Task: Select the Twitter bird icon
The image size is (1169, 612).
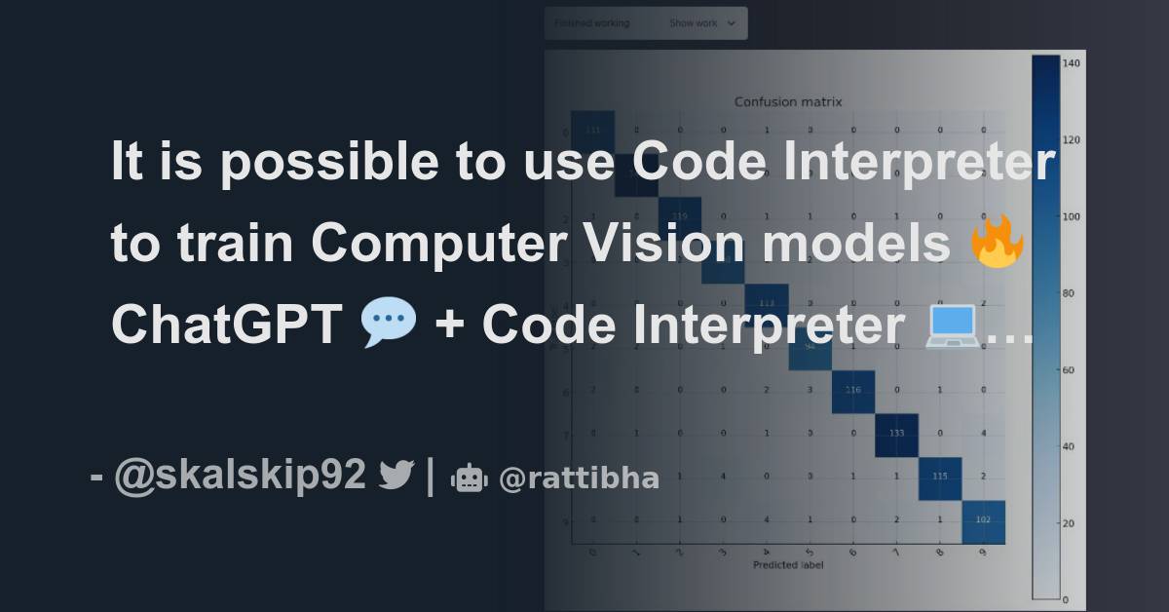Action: (x=396, y=476)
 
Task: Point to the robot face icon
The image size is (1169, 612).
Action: (x=469, y=478)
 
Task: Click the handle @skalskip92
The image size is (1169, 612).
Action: (x=240, y=476)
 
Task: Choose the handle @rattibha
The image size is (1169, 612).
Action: (x=579, y=478)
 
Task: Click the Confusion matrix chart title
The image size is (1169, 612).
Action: (x=788, y=101)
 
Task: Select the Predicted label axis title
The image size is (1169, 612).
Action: (x=788, y=564)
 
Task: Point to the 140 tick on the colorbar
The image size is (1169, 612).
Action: (x=1073, y=62)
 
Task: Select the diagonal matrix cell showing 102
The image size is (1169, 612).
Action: (x=984, y=520)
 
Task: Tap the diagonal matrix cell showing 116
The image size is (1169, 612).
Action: (x=853, y=390)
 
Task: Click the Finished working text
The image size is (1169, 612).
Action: (x=591, y=23)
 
